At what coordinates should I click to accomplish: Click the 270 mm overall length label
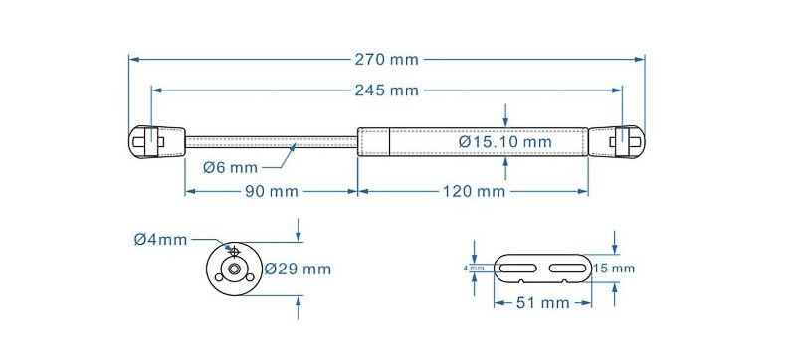(386, 60)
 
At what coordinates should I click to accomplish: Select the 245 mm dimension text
(386, 90)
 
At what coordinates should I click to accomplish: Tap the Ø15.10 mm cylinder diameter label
(504, 142)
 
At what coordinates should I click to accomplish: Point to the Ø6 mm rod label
(230, 167)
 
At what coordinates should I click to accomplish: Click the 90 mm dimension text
(272, 192)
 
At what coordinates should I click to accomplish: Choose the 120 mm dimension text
(475, 192)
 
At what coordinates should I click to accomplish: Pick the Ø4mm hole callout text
(160, 239)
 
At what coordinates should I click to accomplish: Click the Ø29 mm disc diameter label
(298, 269)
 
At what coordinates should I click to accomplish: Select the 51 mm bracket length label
(542, 303)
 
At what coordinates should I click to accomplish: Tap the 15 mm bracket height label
(614, 269)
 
